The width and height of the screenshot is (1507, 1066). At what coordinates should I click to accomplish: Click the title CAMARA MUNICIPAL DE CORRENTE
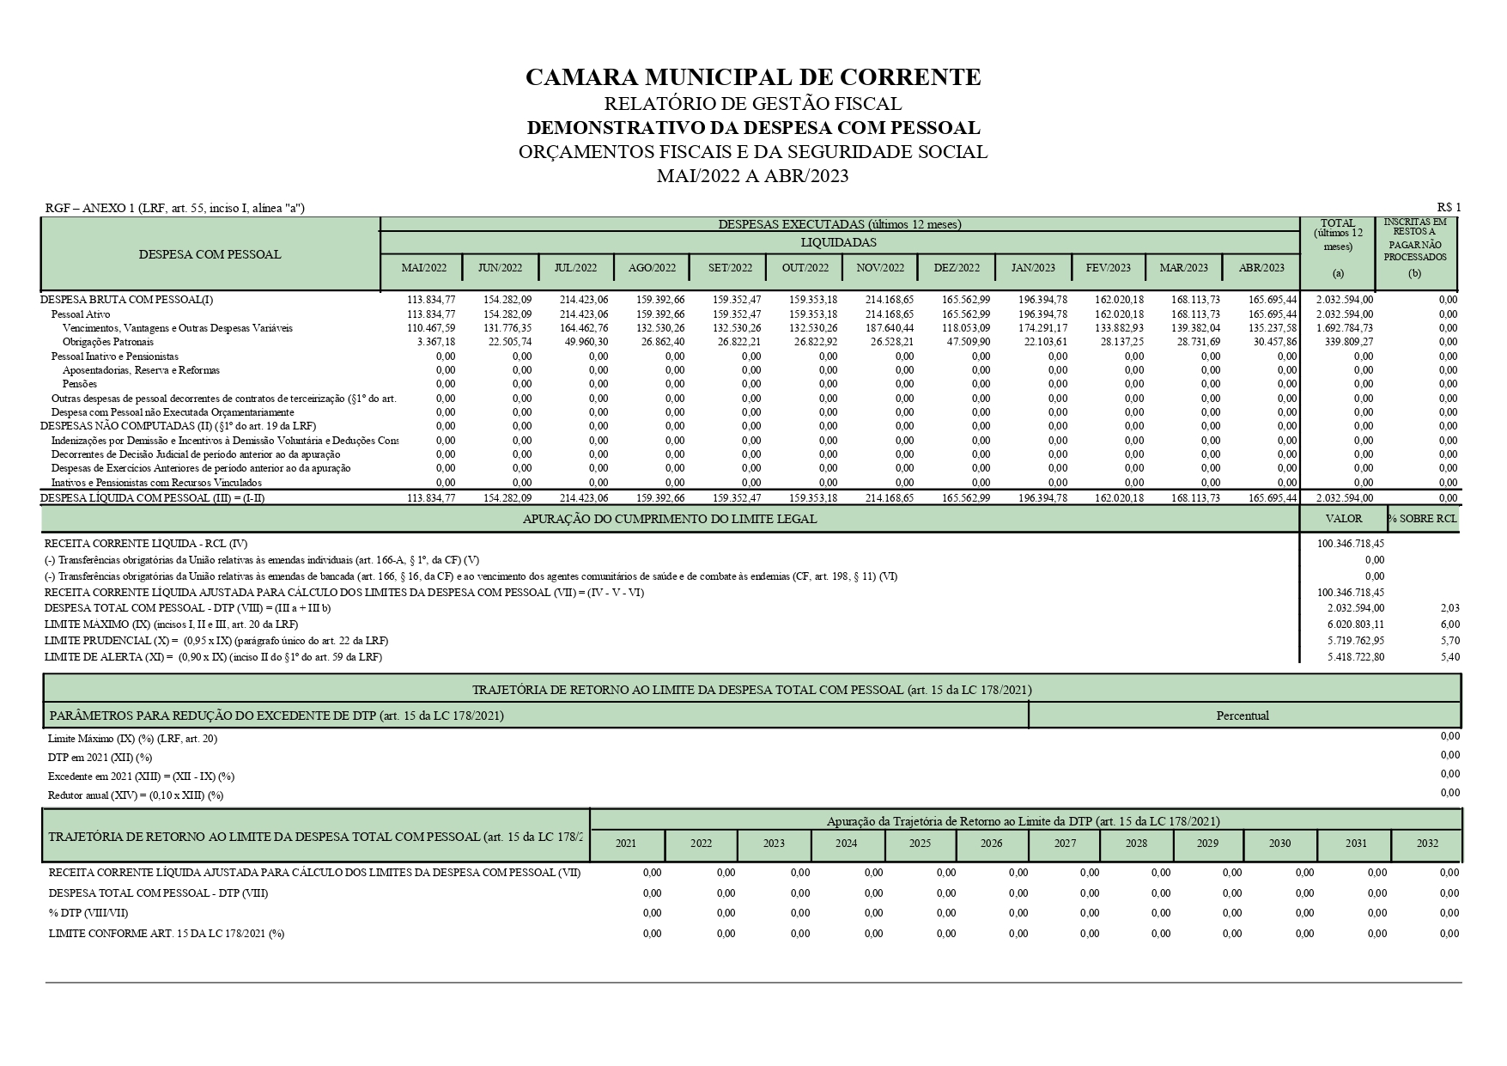point(752,77)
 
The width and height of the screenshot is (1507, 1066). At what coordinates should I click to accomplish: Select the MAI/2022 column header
point(424,268)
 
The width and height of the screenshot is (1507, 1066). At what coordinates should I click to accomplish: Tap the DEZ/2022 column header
point(957,268)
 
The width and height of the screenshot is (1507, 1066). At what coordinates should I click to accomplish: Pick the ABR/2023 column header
point(1261,268)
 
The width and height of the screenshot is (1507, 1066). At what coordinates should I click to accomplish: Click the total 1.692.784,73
point(1345,328)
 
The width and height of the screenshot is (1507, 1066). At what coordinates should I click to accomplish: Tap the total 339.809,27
point(1350,342)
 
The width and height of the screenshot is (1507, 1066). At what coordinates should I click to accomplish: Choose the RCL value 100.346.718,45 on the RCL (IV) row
point(1351,544)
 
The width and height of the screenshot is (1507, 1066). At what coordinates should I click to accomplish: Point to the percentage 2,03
point(1449,608)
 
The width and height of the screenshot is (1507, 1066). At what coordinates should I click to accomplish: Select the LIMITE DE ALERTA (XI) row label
point(213,657)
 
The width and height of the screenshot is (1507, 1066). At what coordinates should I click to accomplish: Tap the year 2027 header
point(1065,844)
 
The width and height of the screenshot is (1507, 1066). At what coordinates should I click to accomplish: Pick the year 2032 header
point(1427,844)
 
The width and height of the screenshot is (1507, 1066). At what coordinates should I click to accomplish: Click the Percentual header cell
point(1242,716)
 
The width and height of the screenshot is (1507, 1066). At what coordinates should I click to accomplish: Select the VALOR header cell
point(1344,519)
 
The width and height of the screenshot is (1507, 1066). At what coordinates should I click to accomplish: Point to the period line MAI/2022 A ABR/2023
point(752,176)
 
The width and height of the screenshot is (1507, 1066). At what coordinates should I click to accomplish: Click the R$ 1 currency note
point(1449,207)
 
